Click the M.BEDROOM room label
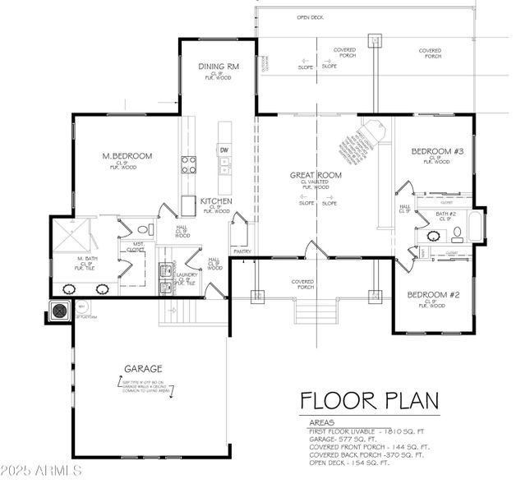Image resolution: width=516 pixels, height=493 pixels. coord(127,156)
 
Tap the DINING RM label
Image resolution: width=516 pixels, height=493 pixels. coord(218,67)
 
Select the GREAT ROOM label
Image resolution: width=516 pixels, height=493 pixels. coord(316,175)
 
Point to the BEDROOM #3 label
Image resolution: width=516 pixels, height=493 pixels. coord(437,151)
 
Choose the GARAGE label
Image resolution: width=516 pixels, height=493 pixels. coord(144,369)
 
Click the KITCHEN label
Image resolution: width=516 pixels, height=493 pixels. coord(215,201)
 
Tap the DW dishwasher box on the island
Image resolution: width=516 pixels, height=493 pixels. coord(223,150)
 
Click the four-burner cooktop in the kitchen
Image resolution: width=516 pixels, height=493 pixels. coord(189,164)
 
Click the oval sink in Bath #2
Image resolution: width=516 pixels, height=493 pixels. coord(433,237)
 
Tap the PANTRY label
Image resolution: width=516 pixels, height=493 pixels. coord(242,251)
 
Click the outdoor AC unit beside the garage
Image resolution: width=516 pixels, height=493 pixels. coord(59,311)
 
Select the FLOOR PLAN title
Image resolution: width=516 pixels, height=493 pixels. coord(369,400)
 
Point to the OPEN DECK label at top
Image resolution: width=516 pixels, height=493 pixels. coord(310,17)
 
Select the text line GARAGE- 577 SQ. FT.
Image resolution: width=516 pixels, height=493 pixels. coord(346,440)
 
